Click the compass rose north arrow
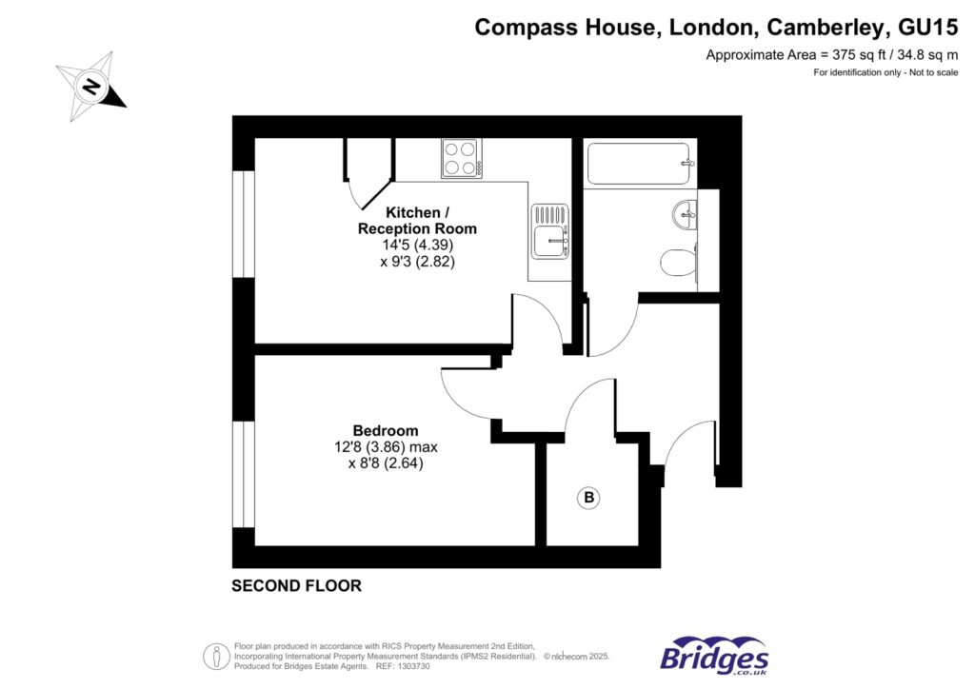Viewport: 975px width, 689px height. click(91, 87)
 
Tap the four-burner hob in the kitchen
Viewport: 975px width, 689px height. click(462, 158)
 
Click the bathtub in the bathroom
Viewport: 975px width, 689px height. click(639, 164)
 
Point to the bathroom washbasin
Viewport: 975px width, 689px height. click(685, 213)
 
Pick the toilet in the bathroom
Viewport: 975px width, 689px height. click(679, 262)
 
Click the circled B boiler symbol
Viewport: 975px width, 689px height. click(589, 497)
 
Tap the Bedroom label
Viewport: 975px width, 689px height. click(385, 430)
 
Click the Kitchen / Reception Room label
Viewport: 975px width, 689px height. click(417, 220)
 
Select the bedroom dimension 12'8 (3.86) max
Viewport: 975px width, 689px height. click(385, 447)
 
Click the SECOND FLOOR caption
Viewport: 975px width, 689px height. click(296, 586)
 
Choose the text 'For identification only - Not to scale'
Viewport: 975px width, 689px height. click(885, 73)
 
